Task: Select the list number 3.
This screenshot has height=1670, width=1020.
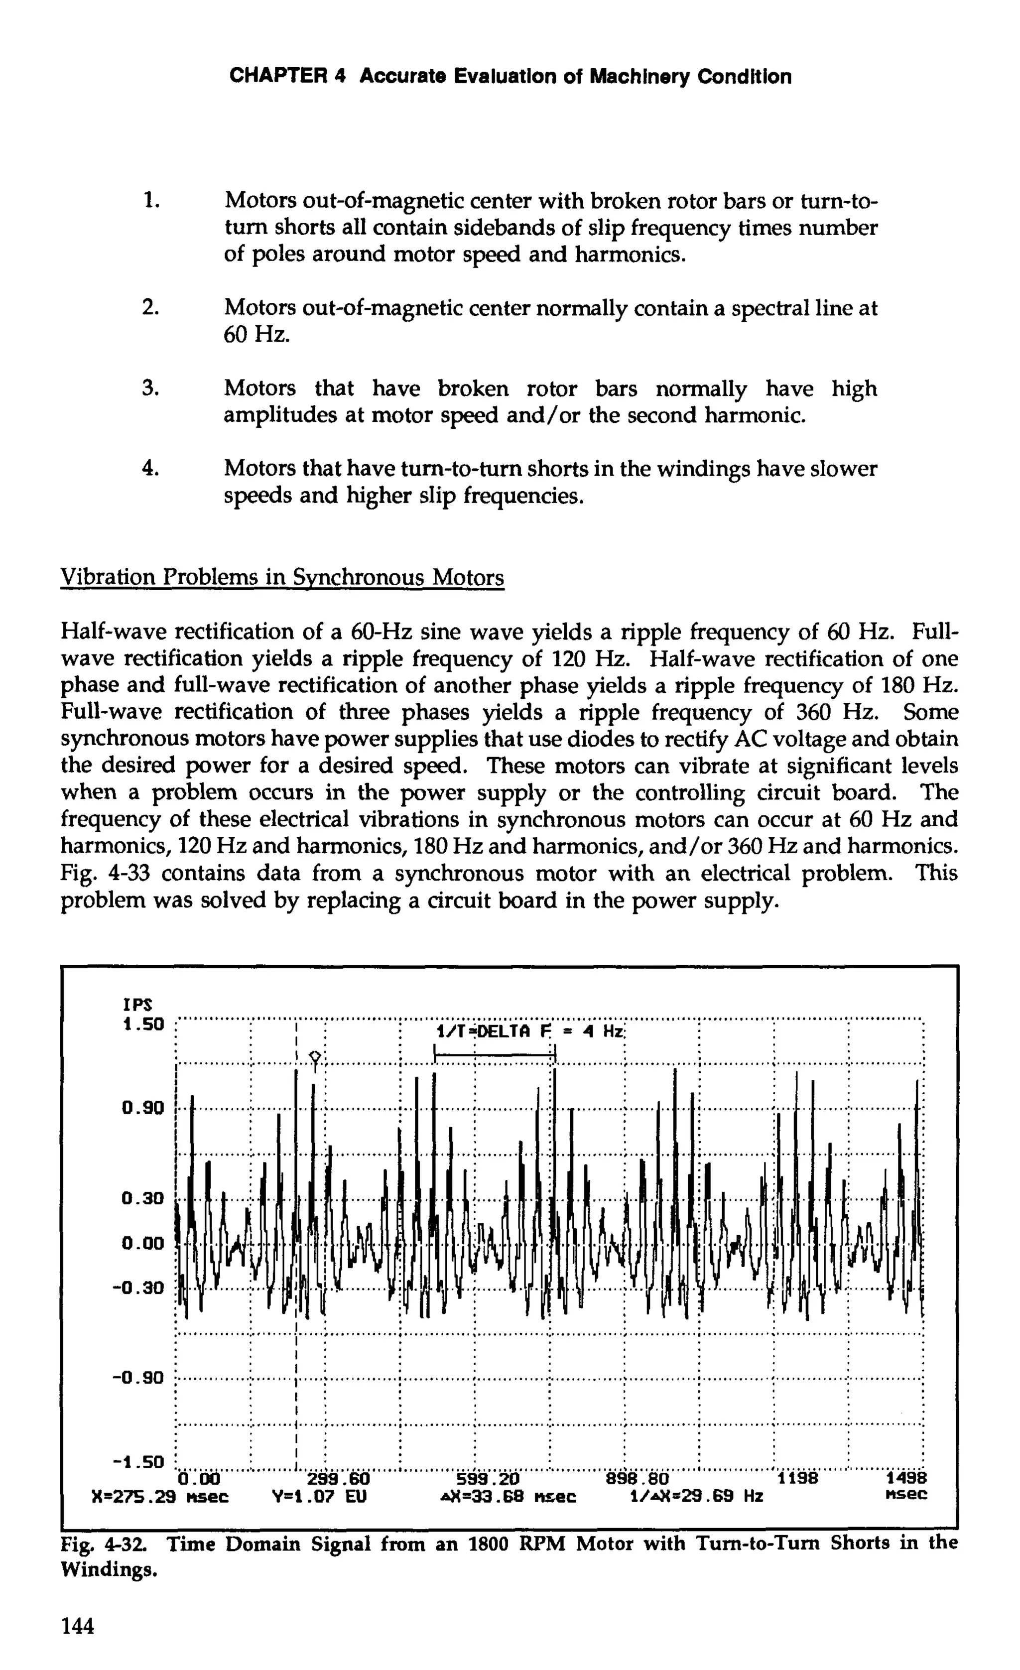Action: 150,388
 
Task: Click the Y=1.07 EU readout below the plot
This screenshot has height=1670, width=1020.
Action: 319,1496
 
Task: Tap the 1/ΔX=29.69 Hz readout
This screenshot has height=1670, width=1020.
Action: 696,1496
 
